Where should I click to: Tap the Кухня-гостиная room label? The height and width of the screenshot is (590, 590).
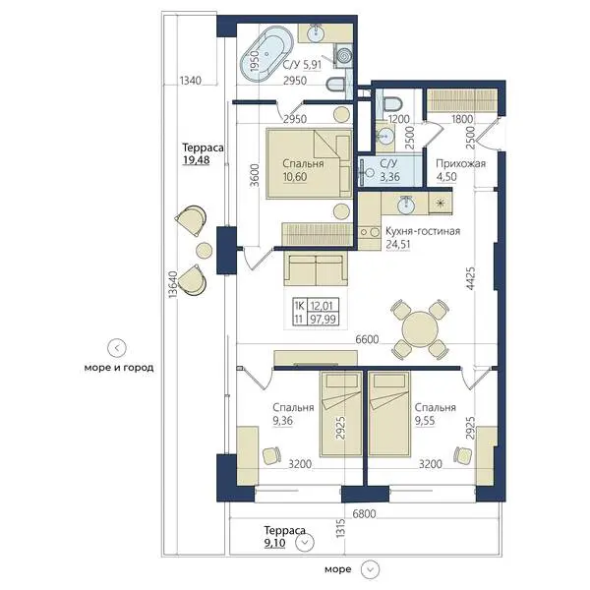[x=423, y=231]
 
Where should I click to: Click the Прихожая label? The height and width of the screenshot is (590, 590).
[x=460, y=163]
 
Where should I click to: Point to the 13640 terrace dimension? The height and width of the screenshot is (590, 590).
[x=172, y=285]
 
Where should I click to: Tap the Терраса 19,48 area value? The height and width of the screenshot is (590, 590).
[x=197, y=160]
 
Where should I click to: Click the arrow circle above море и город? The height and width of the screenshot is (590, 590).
[x=117, y=348]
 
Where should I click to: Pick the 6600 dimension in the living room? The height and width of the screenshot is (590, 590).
[x=367, y=339]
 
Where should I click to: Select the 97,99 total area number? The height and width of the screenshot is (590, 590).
[x=323, y=320]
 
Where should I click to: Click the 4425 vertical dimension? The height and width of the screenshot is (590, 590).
[x=470, y=278]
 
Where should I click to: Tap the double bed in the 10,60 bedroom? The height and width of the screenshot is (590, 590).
[x=310, y=163]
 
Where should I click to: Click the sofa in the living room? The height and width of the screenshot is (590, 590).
[x=316, y=268]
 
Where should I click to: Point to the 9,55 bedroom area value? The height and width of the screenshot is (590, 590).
[x=425, y=421]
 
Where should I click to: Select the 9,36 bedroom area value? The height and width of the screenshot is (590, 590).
[x=282, y=421]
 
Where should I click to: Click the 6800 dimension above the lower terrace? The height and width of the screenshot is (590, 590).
[x=364, y=513]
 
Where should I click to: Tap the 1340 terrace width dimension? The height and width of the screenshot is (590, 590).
[x=191, y=81]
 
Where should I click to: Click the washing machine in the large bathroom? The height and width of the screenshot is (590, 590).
[x=343, y=55]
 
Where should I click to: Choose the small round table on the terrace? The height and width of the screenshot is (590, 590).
[x=205, y=250]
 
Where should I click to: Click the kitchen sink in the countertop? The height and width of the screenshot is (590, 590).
[x=406, y=206]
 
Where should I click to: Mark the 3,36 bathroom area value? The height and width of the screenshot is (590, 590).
[x=389, y=177]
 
